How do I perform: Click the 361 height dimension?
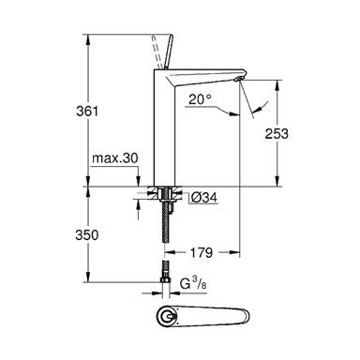tap(87, 112)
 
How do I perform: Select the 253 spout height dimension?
tap(277, 134)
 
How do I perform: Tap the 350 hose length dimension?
tap(87, 235)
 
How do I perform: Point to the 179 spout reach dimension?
tap(202, 252)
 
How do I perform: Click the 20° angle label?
tap(200, 99)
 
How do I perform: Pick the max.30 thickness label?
tap(114, 158)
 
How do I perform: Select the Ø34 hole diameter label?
tap(204, 198)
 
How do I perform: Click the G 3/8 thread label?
tap(193, 284)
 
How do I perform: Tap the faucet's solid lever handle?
tap(168, 52)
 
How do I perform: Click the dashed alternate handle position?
tap(157, 52)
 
